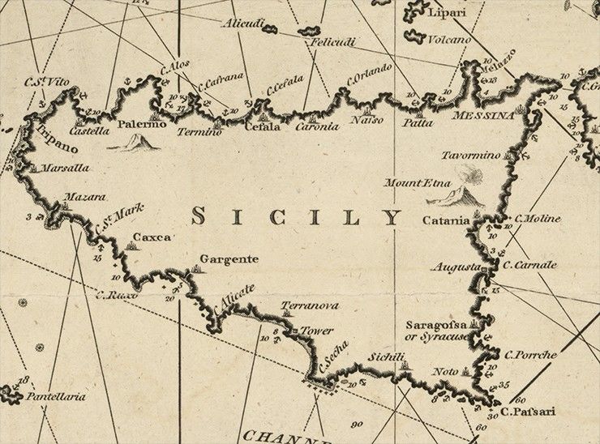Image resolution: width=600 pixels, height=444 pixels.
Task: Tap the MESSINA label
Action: pyautogui.click(x=484, y=115)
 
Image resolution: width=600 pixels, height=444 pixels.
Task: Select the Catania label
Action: pyautogui.click(x=446, y=220)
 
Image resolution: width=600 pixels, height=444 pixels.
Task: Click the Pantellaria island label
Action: pyautogui.click(x=56, y=397)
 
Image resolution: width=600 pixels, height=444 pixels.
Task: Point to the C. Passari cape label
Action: pyautogui.click(x=528, y=412)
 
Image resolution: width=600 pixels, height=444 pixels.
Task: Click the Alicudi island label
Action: pyautogui.click(x=244, y=23)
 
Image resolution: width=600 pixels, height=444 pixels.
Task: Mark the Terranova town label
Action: pyautogui.click(x=310, y=305)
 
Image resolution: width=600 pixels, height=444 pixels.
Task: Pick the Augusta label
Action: pyautogui.click(x=456, y=266)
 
